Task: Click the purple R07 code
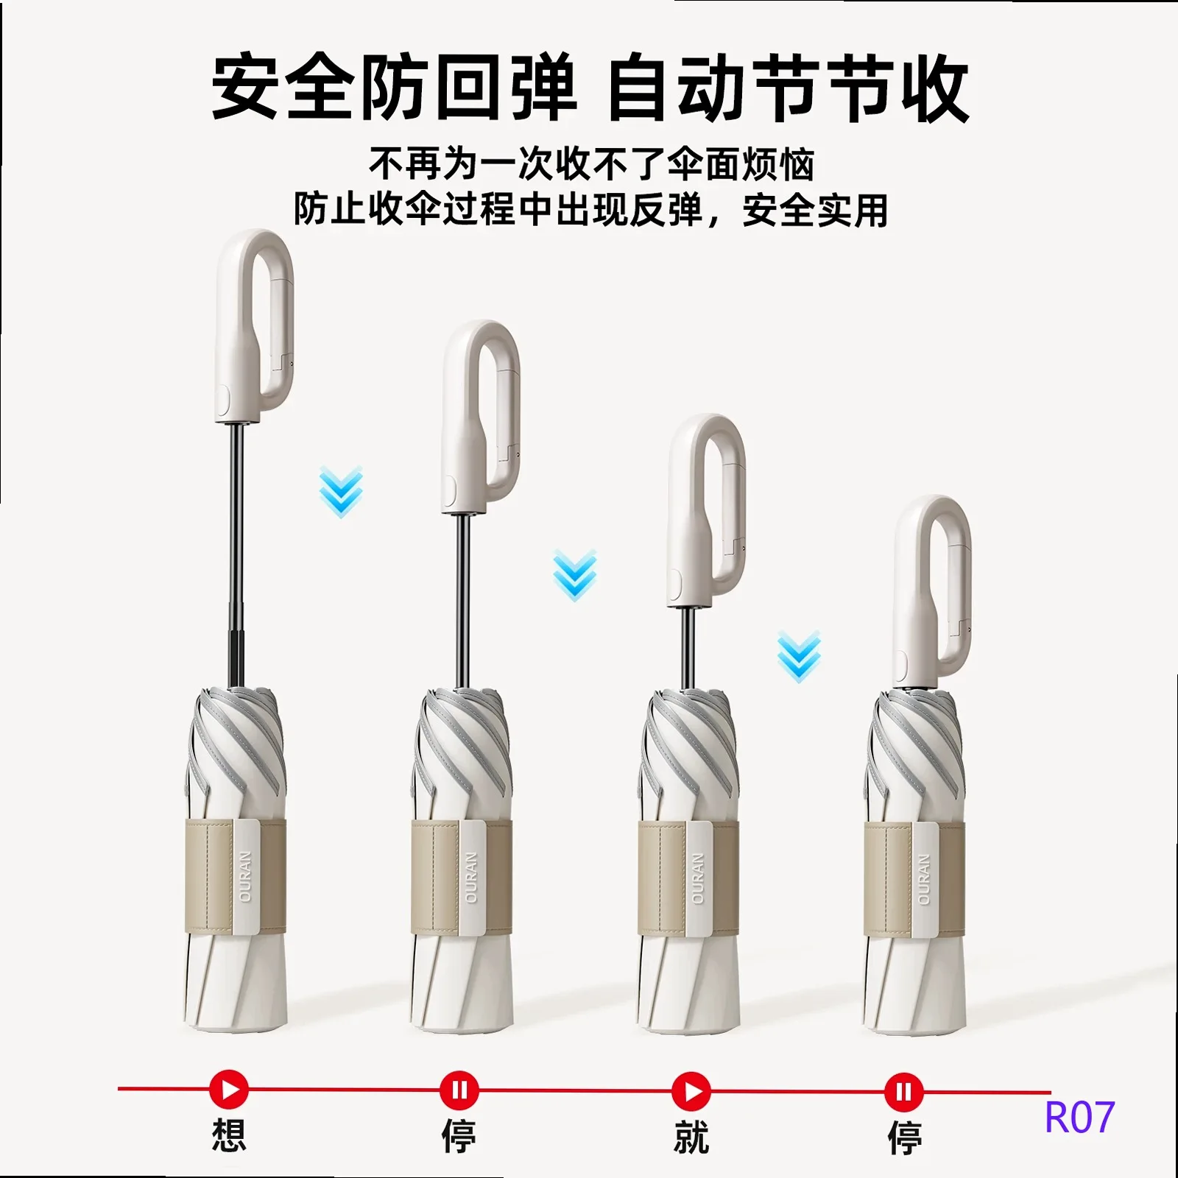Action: point(1079,1117)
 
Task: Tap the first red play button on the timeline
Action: point(229,1089)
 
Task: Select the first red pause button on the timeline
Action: point(459,1090)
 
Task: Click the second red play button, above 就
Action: point(691,1091)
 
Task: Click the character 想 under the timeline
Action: point(229,1135)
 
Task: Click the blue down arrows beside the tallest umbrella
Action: point(341,492)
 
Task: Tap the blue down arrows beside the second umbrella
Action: point(575,575)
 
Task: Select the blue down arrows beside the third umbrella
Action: point(799,656)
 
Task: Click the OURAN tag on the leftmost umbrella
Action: point(246,877)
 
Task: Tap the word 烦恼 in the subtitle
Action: point(778,163)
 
